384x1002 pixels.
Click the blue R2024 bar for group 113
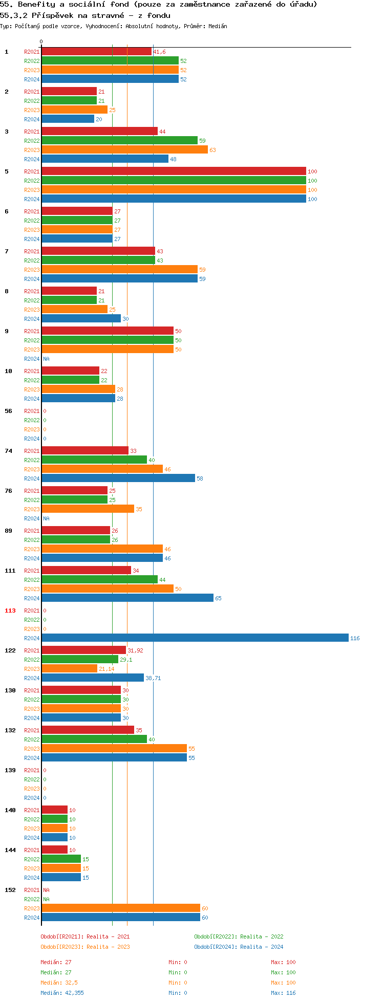195,638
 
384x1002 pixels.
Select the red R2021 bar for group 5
174,171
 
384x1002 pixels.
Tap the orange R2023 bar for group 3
124,149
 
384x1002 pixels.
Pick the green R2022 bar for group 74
94,460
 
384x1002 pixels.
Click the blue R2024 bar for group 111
127,598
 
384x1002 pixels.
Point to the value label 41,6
159,52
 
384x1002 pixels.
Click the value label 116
355,638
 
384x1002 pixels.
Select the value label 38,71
153,678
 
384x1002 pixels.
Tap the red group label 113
10,611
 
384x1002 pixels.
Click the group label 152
10,890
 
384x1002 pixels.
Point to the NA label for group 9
46,359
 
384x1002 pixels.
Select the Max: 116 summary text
283,993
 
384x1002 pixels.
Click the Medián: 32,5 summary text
59,983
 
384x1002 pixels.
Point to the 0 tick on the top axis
41,41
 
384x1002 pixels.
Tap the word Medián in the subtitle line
218,26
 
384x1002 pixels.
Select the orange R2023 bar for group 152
121,908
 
